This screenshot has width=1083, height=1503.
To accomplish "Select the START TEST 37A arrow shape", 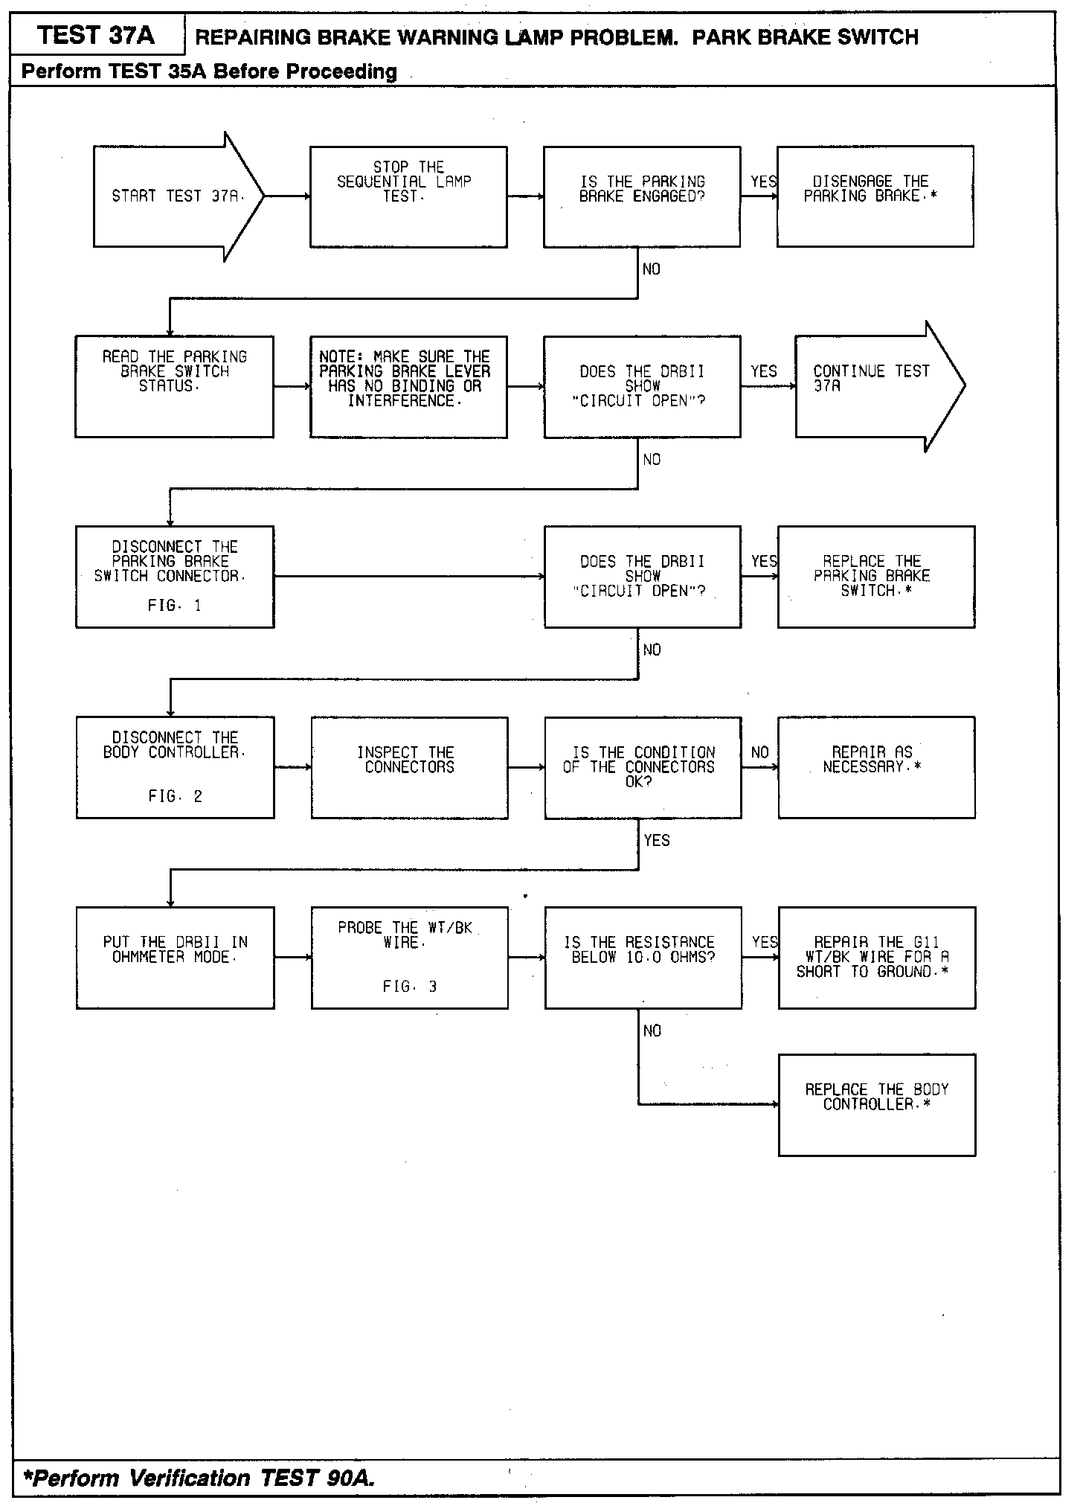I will coord(177,196).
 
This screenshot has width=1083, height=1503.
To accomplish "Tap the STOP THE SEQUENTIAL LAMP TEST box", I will coord(408,196).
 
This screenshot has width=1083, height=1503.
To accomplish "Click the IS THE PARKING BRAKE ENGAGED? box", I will coord(642,196).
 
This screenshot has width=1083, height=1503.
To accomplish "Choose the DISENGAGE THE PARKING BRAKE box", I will coord(875,196).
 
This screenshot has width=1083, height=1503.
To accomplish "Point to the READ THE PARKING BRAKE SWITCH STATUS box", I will coord(174,386).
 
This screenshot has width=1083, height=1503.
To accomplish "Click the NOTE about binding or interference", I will coord(408,386).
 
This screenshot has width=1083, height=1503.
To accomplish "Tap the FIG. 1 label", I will coord(174,606).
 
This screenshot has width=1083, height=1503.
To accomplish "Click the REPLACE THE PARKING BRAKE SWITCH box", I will coord(875,577).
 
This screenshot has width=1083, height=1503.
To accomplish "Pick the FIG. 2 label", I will coord(175,796).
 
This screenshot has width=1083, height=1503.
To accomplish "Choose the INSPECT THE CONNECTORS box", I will coord(409,767).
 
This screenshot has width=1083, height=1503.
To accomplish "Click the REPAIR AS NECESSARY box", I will coord(875,767).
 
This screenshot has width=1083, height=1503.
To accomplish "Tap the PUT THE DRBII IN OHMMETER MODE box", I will coord(175,958).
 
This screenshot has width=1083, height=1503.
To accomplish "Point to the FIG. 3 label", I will coord(409,987).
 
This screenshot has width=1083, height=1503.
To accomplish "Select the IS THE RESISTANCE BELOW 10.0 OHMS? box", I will coord(643,958).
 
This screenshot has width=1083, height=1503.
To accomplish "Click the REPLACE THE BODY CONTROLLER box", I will coord(876,1104).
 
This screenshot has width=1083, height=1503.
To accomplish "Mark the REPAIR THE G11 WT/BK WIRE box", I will coord(876,958).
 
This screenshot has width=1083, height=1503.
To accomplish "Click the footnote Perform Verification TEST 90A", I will coord(199,1478).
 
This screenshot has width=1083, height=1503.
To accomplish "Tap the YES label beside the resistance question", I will coord(765,942).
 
